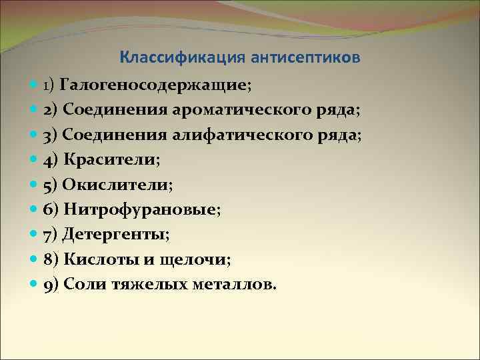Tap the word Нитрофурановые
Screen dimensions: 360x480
tap(141, 209)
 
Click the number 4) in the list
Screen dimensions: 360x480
tap(51, 159)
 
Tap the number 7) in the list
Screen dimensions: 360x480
tap(51, 235)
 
